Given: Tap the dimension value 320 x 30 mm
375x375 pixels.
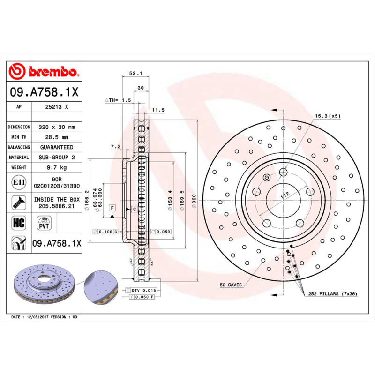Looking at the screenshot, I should click(x=57, y=127).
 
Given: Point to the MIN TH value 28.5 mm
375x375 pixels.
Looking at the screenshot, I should click(x=57, y=137).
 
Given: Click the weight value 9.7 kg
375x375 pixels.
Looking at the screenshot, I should click(x=57, y=167).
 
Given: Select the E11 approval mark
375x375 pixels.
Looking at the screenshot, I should click(x=19, y=182).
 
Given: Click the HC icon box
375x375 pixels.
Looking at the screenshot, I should click(x=19, y=222).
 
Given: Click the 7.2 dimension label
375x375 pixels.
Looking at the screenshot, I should click(x=115, y=147).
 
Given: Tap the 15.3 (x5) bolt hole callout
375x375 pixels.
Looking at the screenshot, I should click(x=327, y=116).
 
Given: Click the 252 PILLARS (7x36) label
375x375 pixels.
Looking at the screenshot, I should click(x=332, y=294).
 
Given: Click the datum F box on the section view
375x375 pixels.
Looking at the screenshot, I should click(x=112, y=208).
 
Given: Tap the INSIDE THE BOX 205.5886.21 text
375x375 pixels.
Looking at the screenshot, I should click(x=57, y=202).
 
